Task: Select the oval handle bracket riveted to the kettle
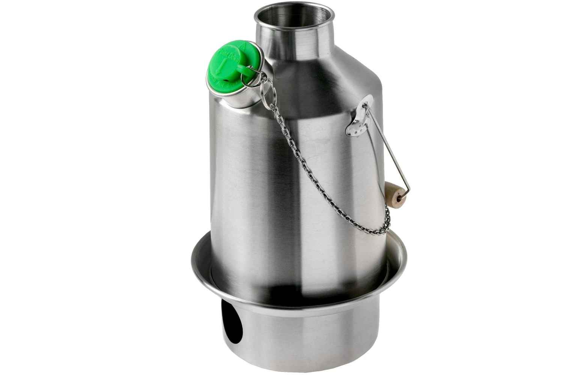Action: click(x=359, y=115)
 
